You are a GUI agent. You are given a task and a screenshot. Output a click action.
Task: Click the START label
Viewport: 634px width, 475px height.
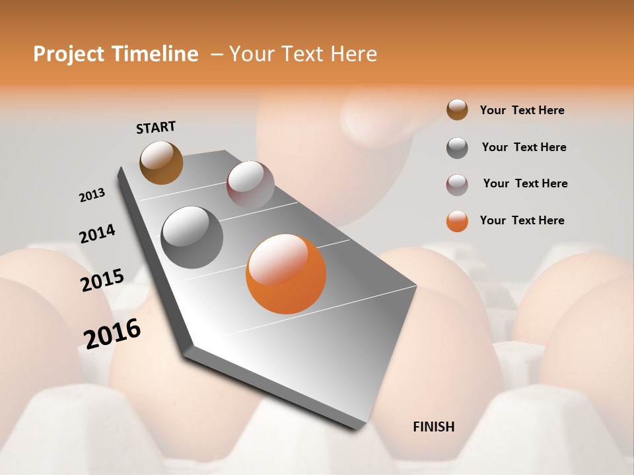pos(156,127)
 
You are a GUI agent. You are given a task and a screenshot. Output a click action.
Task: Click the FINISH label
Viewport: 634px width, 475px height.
pos(434,427)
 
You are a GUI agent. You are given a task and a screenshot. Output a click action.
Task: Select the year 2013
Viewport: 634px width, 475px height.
pos(92,195)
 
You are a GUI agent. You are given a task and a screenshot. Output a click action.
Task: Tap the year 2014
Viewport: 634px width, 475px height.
pos(98,234)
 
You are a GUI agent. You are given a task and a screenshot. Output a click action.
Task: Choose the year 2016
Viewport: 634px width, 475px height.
pos(112,333)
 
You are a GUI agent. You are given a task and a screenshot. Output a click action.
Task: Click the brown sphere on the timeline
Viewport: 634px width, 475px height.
pos(162,162)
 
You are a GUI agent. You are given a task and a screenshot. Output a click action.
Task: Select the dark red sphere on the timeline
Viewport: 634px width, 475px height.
pos(250,185)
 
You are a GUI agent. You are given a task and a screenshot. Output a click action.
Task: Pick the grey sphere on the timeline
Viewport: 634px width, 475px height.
pos(192,237)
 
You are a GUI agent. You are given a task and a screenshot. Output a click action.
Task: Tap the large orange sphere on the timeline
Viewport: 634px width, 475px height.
pos(286,274)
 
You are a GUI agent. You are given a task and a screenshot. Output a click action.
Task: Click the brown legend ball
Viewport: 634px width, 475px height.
pos(457,110)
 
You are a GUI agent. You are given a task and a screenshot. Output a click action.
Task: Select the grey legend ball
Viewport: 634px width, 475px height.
pos(457,148)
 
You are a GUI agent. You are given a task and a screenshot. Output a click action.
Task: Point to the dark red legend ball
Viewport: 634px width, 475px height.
pos(457,185)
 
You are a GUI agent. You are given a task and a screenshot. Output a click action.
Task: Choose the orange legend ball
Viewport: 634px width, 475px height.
pos(457,221)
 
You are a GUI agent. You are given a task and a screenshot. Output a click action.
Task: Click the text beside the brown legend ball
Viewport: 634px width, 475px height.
pos(522,110)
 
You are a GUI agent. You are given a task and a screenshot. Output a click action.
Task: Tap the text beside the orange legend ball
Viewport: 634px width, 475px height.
pos(522,220)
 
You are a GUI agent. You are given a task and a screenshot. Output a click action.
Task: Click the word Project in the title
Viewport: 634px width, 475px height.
pos(69,54)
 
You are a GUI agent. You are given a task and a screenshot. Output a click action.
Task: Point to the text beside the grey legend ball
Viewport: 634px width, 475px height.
pos(524,147)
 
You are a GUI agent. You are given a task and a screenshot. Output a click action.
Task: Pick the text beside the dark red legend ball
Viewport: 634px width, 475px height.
pos(525,183)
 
